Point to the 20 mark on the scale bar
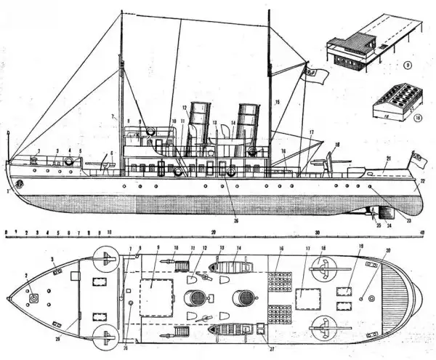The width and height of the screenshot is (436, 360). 214,232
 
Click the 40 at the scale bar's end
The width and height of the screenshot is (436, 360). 421,232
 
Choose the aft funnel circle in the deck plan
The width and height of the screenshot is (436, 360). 246,297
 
